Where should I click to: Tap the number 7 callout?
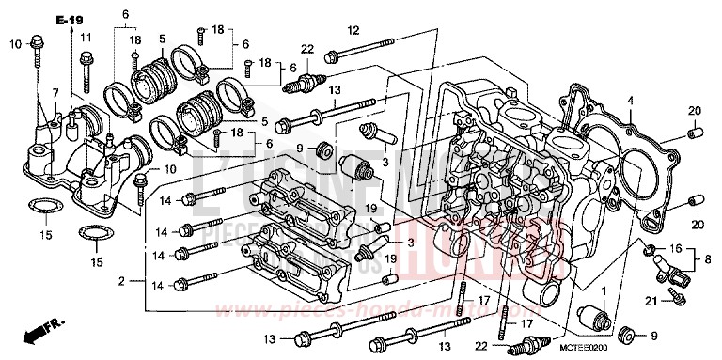(x=55, y=92)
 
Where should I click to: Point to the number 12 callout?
(x=353, y=30)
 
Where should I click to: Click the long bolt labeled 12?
(x=366, y=46)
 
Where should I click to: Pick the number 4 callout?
(x=631, y=101)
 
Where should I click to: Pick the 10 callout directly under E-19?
(x=15, y=44)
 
